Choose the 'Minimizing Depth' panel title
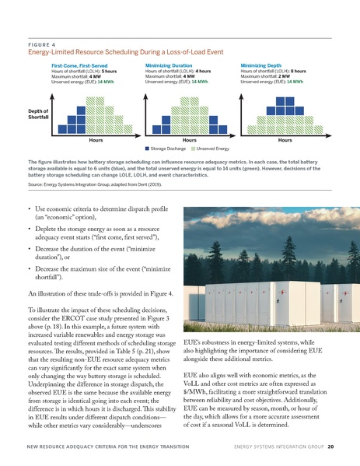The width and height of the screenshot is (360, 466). click(x=265, y=66)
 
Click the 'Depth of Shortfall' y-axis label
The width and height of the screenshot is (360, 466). click(x=32, y=114)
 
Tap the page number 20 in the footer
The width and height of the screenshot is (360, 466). click(x=330, y=447)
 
